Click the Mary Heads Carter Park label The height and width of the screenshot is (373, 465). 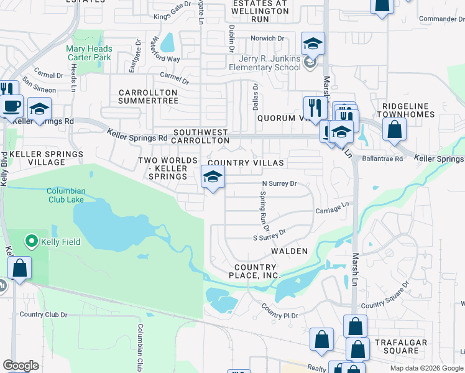[90, 53]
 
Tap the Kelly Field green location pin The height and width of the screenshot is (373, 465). [30, 241]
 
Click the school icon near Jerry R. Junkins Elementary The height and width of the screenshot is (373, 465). [313, 44]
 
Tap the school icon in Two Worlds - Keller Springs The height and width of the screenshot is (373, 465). [213, 178]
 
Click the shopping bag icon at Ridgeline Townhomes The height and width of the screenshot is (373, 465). [394, 131]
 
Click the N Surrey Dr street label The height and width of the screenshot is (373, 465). [279, 184]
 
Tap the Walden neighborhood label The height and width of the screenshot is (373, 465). [289, 251]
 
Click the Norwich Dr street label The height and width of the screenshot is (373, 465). [267, 39]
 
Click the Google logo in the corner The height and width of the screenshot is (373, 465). [20, 366]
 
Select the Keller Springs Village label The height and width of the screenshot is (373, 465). [47, 158]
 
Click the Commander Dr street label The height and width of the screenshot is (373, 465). [441, 19]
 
